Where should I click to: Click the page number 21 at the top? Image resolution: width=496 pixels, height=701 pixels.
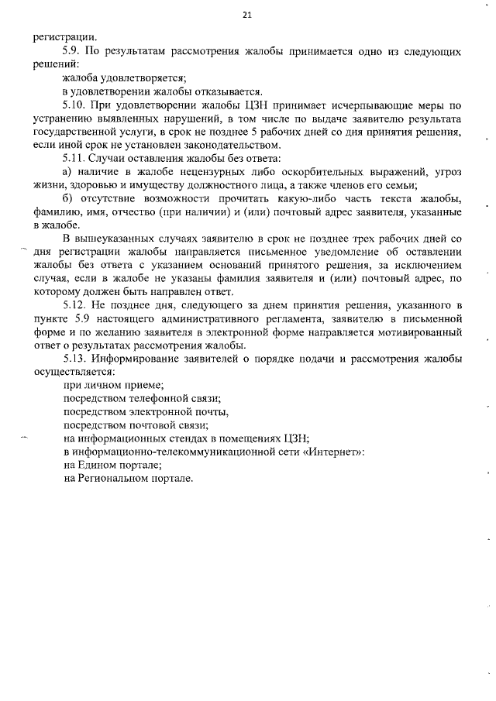click(247, 14)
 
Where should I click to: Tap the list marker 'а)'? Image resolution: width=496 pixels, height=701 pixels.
click(67, 171)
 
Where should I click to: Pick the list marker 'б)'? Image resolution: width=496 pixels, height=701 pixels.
click(67, 198)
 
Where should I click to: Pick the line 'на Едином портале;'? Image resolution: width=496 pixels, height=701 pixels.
click(112, 465)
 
